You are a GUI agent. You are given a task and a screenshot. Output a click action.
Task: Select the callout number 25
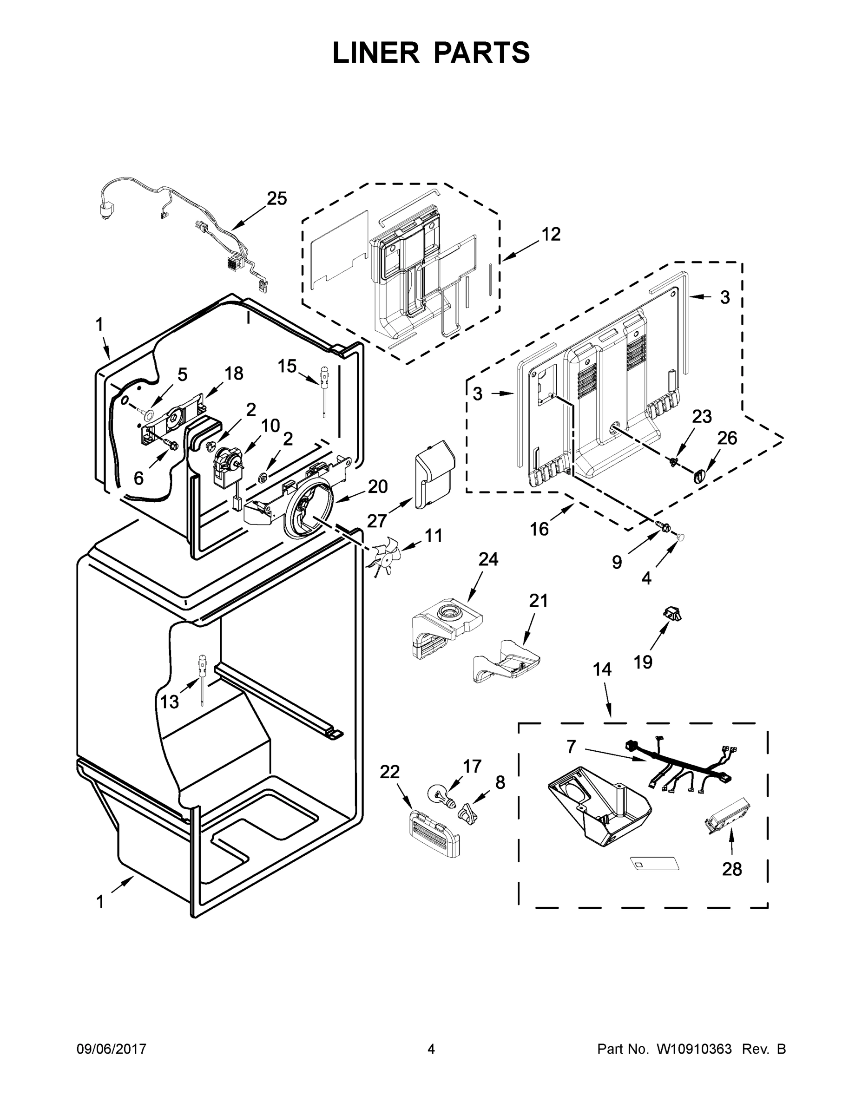(x=277, y=198)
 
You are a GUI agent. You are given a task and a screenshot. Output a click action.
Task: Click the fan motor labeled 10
(x=226, y=465)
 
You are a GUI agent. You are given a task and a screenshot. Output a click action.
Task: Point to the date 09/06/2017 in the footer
(x=112, y=1049)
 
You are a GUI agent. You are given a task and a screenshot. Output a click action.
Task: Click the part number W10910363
(x=693, y=1049)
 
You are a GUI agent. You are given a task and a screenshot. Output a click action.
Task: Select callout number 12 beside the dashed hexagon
(x=551, y=234)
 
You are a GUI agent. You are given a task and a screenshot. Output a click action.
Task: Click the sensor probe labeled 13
(x=202, y=677)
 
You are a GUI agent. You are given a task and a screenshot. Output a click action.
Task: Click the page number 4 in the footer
(x=431, y=1049)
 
